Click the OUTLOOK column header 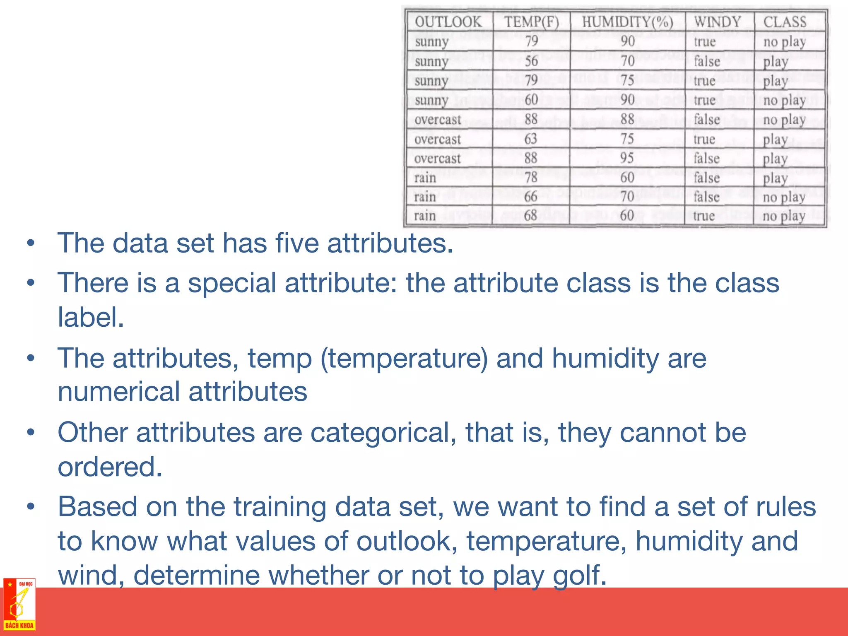(x=448, y=22)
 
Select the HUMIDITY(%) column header (x=627, y=22)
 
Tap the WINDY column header (x=718, y=22)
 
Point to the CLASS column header (x=785, y=22)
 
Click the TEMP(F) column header (x=531, y=22)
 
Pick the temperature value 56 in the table (x=531, y=61)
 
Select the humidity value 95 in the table (x=627, y=158)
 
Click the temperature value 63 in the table (x=530, y=139)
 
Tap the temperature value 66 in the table (x=530, y=197)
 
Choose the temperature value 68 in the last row (x=530, y=216)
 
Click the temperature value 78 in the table (x=530, y=178)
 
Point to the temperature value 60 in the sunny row (x=531, y=100)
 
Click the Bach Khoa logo (x=19, y=605)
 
